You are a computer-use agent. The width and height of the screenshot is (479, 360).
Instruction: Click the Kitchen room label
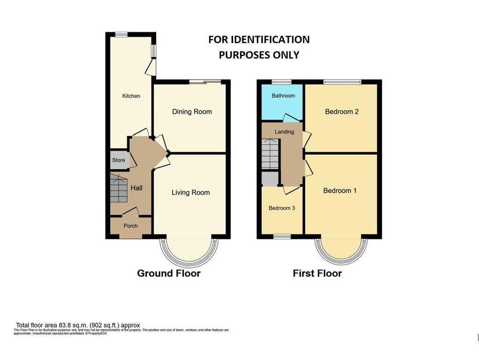coord(131,96)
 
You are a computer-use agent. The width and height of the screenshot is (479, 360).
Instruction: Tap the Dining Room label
coord(192,112)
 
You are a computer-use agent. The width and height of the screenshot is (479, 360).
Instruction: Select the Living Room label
coord(190,193)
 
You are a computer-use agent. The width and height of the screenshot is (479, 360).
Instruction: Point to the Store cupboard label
coord(118,160)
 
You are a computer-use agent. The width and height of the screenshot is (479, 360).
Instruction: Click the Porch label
coord(131,226)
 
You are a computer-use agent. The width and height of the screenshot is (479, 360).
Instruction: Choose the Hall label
coord(136,188)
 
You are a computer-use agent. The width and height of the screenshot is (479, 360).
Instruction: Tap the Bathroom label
coord(283,96)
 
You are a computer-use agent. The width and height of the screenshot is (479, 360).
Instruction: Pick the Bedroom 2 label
coord(341,112)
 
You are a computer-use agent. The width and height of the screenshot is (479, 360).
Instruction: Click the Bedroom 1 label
coord(340,191)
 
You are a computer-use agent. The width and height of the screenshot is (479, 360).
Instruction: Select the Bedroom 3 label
coord(282,208)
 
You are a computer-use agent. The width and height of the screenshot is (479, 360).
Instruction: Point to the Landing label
coord(284,132)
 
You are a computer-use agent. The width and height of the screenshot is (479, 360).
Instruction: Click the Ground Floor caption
coord(168,274)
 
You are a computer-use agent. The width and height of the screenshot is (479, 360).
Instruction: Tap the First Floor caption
coord(317,274)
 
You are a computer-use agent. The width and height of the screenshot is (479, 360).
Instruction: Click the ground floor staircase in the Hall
coord(119,188)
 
